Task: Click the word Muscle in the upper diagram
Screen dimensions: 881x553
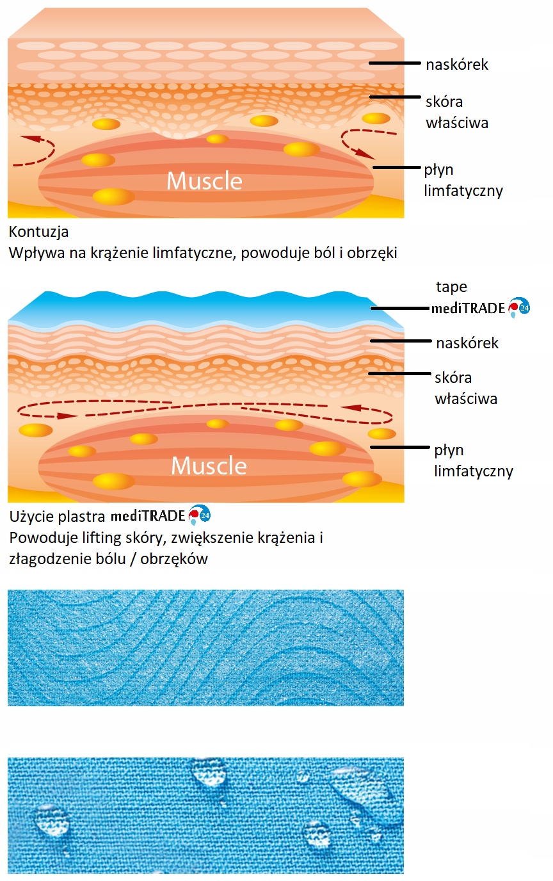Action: [x=204, y=181]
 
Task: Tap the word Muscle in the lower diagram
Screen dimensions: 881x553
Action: [x=209, y=465]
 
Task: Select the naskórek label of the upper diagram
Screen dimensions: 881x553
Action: [x=457, y=64]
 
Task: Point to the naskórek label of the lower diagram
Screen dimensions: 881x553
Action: [x=467, y=343]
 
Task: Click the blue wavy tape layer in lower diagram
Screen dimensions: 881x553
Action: [x=192, y=307]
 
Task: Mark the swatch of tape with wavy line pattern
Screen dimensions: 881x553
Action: [x=205, y=647]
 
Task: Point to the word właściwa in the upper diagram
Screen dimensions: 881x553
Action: [x=456, y=122]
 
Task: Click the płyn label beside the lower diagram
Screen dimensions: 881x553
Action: [x=449, y=450]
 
